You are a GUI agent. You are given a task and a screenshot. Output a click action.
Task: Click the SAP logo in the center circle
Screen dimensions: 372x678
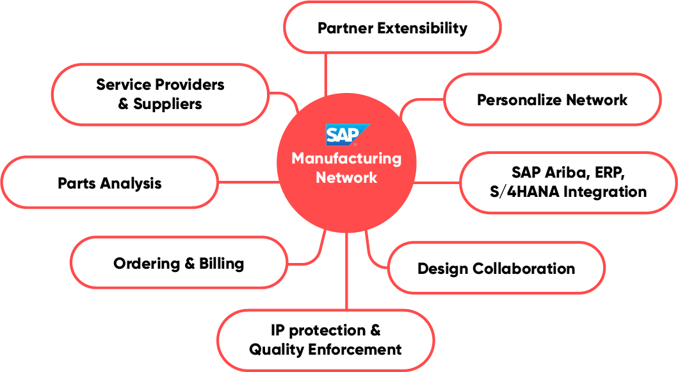point(346,135)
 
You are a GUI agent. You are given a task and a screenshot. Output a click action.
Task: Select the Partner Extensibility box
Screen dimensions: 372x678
point(392,28)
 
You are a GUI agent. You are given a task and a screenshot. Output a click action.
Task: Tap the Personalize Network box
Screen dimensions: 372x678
point(551,99)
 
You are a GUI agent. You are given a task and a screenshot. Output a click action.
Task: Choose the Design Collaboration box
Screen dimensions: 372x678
point(496,268)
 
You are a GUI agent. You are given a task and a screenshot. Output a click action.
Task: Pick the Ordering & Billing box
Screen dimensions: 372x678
point(178,263)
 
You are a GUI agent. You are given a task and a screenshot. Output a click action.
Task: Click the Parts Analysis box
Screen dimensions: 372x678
point(109,183)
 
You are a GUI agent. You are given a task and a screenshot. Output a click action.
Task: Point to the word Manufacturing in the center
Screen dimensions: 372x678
point(346,158)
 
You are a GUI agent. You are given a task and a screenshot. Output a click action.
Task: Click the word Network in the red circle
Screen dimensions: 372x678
point(346,178)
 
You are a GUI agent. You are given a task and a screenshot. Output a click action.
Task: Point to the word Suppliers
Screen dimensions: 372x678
point(168,104)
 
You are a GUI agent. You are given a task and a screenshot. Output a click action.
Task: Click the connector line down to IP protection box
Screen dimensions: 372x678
point(346,276)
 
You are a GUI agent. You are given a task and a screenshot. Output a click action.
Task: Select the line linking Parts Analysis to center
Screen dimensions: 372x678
point(247,183)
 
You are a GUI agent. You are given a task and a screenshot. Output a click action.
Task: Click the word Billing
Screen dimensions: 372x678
point(222,263)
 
